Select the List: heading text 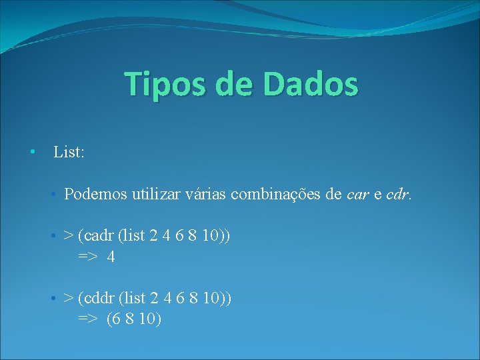(x=69, y=153)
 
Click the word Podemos (x=96, y=194)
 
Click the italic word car (x=358, y=195)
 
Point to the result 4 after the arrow (x=111, y=257)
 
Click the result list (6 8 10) (x=134, y=319)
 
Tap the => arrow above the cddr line (x=88, y=257)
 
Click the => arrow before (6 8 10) (x=88, y=319)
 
